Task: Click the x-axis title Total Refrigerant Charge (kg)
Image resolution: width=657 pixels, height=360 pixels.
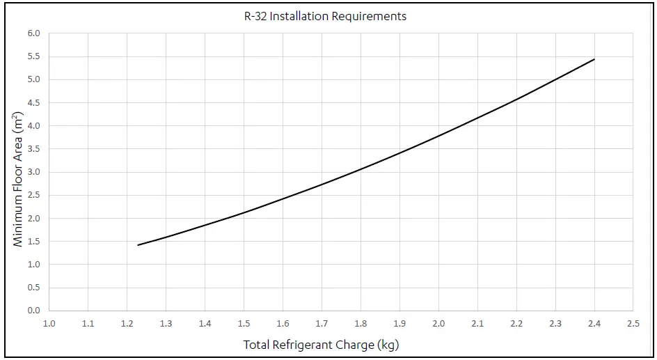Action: click(321, 345)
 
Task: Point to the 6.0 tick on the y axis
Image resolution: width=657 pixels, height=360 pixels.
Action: click(34, 33)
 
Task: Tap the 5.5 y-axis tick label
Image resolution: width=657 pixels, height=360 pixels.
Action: click(34, 56)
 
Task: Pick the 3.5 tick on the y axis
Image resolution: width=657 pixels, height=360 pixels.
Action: click(34, 149)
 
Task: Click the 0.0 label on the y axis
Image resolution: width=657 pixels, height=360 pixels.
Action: click(34, 311)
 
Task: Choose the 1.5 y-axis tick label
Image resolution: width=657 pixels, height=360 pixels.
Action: click(34, 242)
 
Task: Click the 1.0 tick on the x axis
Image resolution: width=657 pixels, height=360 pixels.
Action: click(49, 324)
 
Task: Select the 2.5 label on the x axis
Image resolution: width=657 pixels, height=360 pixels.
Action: click(633, 324)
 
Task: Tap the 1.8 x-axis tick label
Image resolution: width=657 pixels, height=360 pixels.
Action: click(361, 324)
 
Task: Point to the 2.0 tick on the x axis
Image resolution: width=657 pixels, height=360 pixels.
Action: click(438, 324)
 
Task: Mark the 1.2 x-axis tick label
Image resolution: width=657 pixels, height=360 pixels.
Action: click(127, 324)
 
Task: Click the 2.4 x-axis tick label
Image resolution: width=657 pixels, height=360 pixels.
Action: click(594, 324)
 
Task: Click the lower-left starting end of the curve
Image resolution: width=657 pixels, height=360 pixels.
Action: click(138, 245)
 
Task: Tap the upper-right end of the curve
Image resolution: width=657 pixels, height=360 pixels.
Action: click(594, 59)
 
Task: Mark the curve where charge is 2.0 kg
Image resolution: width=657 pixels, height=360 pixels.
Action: click(438, 135)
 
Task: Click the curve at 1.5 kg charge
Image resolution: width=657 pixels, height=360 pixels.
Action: click(244, 212)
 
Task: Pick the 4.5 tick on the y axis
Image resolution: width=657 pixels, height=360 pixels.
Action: click(34, 102)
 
